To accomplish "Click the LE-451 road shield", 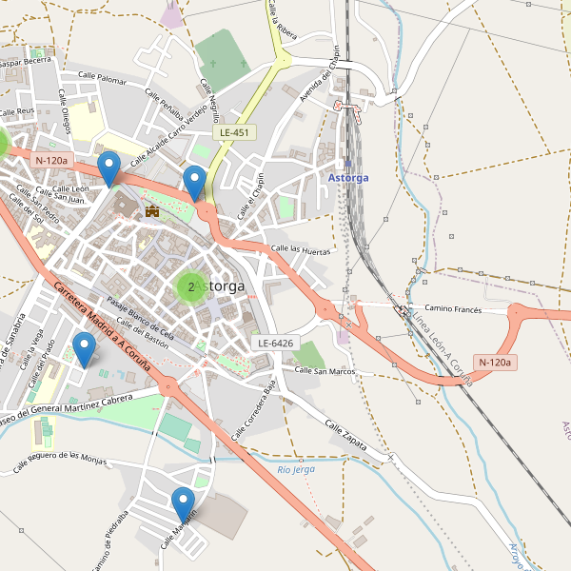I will point(234,132).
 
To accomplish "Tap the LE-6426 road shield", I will point(276,343).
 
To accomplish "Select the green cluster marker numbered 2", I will point(191,285).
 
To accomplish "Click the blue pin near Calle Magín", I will point(183,504).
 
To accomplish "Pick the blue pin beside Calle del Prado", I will point(85,350).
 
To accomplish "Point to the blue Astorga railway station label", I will point(347,178).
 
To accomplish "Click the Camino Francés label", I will point(453,308).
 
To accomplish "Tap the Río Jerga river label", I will point(296,469).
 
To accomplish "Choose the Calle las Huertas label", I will point(301,250).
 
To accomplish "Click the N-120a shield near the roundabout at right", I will point(495,362).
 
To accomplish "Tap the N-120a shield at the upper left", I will point(51,161).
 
